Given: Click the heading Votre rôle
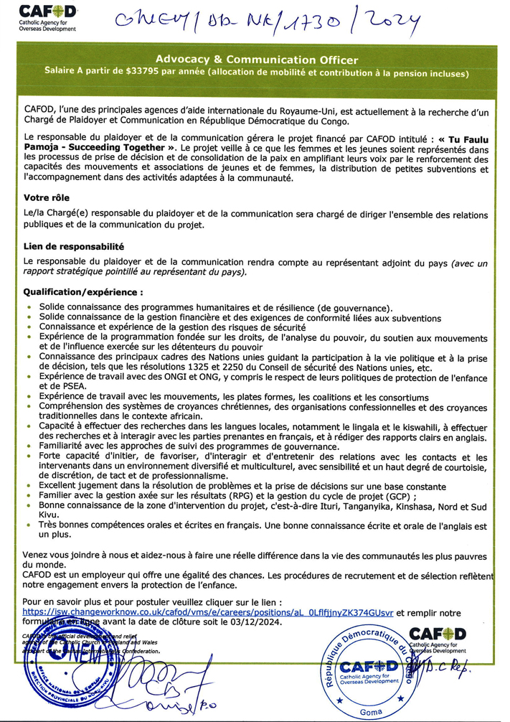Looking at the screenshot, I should (44, 197).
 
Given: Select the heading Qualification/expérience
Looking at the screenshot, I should (83, 293).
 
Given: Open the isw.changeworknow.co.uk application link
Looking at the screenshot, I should (208, 612).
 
